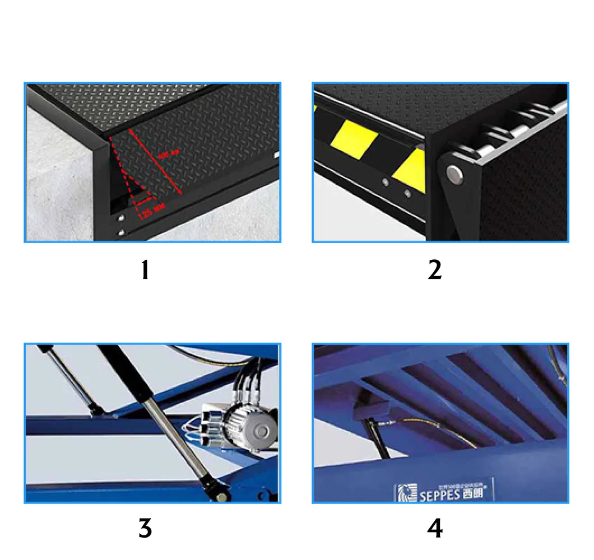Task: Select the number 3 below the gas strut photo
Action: [145, 528]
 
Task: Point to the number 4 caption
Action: [435, 528]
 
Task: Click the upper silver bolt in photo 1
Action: [121, 218]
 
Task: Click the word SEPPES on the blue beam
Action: [439, 494]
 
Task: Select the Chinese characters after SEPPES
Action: [473, 493]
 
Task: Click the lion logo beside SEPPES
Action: [404, 493]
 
